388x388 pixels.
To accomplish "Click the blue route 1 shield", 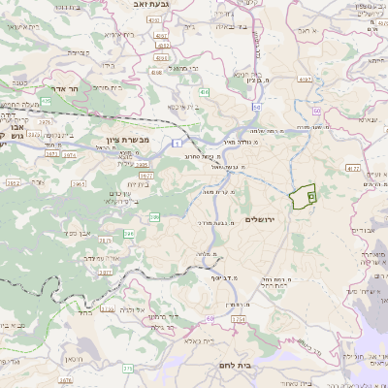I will pyautogui.click(x=180, y=142).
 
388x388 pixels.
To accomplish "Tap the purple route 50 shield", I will pyautogui.click(x=257, y=109).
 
